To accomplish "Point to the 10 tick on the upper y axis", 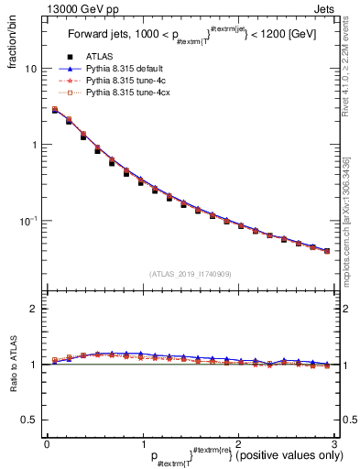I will (30, 70).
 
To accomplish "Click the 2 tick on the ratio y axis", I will (33, 310).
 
